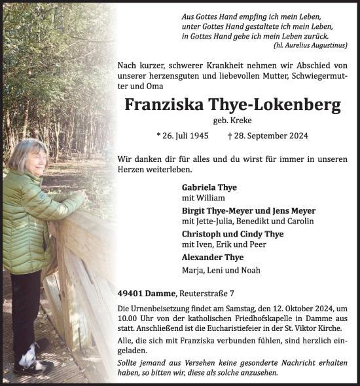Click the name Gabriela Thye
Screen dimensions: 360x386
tap(209, 187)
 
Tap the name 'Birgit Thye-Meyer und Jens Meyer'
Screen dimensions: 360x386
tap(248, 210)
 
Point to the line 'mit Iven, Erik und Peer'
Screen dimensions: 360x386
tap(219, 245)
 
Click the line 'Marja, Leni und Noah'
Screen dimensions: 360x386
tap(214, 269)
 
